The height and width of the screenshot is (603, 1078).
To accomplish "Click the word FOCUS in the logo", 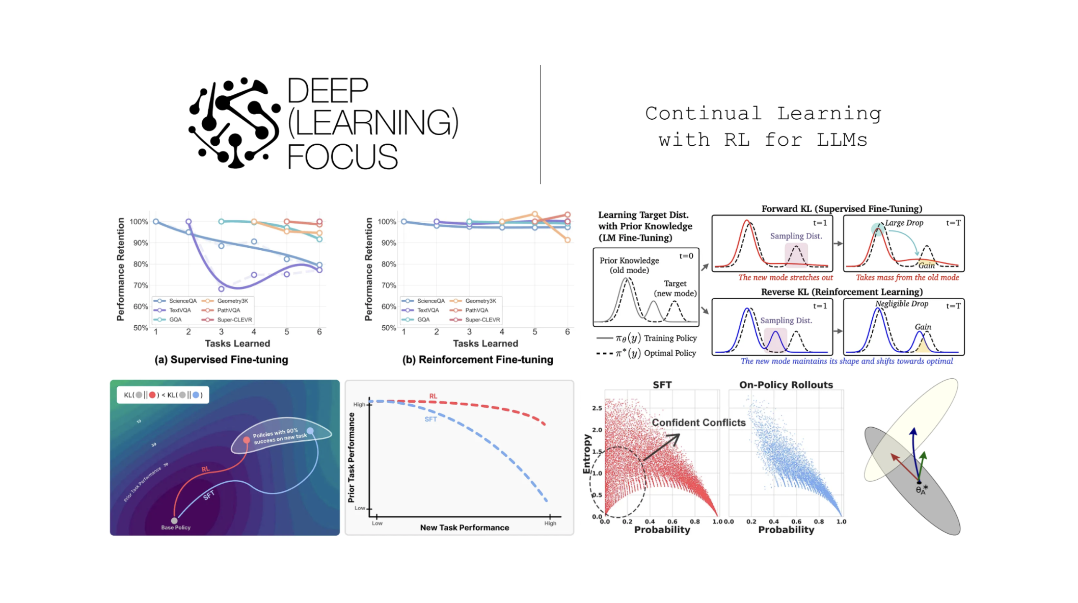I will tap(342, 156).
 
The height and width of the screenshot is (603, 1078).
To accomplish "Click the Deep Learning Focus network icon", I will tap(234, 123).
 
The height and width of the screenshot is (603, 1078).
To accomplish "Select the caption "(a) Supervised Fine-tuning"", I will tap(221, 360).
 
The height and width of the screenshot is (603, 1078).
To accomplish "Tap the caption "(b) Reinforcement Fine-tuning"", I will tap(477, 360).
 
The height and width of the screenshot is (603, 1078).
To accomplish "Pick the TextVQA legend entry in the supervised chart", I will tap(180, 310).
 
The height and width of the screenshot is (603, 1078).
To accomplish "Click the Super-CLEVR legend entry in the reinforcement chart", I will tap(482, 320).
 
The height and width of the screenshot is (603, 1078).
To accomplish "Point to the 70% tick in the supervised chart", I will tap(141, 285).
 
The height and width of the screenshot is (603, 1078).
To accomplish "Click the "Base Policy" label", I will tap(176, 528).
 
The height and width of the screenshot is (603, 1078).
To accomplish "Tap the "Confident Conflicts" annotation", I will tap(698, 423).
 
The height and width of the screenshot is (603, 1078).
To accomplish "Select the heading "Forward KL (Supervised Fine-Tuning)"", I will tap(842, 209).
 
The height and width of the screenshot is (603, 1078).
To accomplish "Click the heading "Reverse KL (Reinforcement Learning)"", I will tap(842, 292).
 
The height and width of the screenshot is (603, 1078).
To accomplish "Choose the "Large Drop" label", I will tap(904, 223).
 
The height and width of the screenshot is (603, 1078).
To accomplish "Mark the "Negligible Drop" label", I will tap(902, 304).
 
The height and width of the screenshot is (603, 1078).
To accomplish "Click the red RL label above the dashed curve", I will tap(433, 396).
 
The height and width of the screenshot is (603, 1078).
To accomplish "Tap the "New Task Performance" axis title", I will tap(464, 528).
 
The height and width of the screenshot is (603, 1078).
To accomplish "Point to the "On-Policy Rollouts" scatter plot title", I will tap(786, 385).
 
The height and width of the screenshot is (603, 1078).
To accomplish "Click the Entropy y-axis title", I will tap(587, 454).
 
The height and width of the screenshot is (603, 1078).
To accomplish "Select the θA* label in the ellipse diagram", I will tap(922, 490).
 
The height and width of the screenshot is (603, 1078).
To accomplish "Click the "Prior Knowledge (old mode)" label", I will tap(629, 265).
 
